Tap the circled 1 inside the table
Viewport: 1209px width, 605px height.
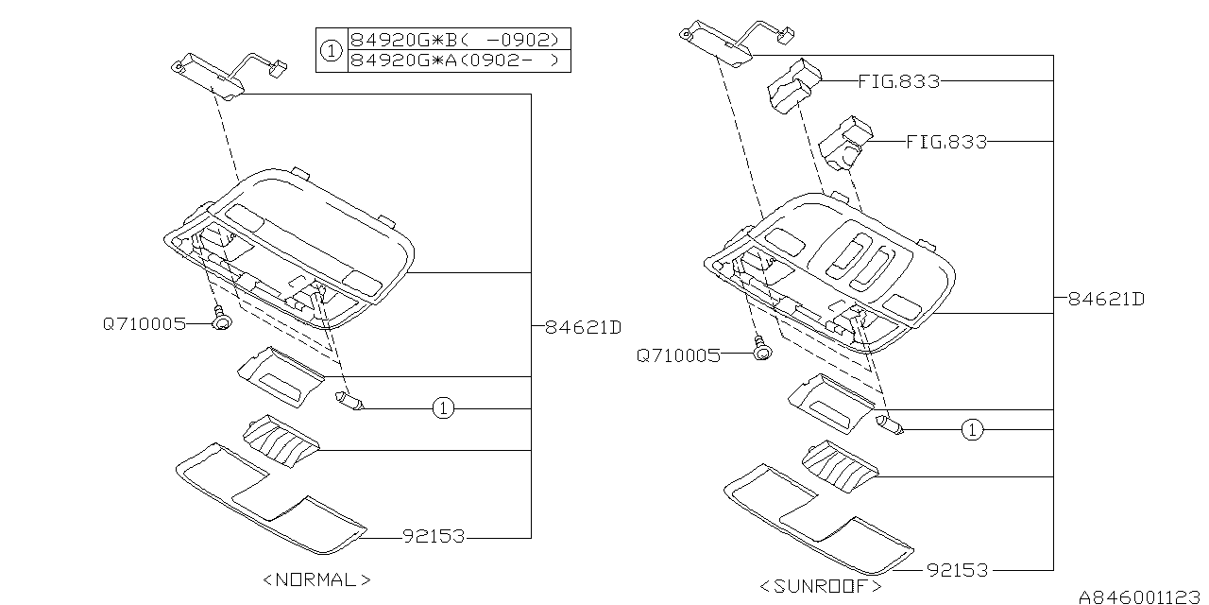[x=331, y=51]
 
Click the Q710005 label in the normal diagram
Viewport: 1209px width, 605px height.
[x=145, y=324]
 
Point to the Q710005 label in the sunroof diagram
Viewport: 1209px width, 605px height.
[x=678, y=355]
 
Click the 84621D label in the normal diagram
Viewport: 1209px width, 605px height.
[x=583, y=327]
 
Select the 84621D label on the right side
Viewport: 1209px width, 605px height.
[x=1106, y=300]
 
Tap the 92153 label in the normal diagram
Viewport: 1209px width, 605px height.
[x=434, y=536]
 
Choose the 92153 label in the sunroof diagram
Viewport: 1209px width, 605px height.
[x=957, y=570]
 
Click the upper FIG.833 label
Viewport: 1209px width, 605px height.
[x=898, y=81]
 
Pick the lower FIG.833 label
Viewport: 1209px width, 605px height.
[x=945, y=142]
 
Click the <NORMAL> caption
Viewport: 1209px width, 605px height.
[x=316, y=579]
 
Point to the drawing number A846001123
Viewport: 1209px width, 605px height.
[x=1140, y=596]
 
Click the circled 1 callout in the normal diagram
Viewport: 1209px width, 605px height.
[x=444, y=408]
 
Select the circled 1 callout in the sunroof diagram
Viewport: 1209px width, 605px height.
[x=972, y=431]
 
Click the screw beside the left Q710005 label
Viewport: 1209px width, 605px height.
[x=222, y=320]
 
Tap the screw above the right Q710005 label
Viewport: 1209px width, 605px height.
[x=761, y=349]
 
